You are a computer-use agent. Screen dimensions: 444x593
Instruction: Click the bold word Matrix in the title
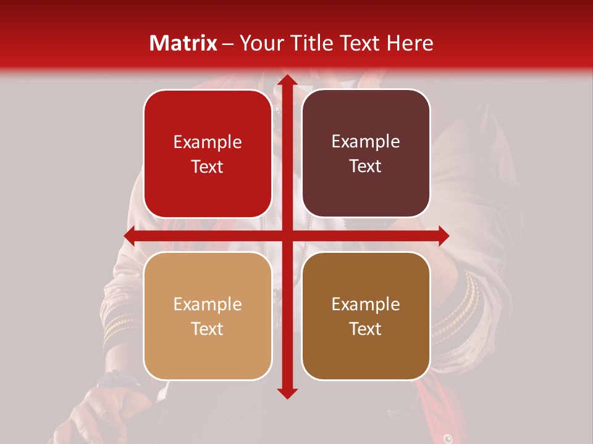tap(183, 43)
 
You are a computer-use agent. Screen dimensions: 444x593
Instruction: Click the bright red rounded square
tap(208, 154)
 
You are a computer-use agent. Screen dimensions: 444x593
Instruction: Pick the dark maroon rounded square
tap(366, 154)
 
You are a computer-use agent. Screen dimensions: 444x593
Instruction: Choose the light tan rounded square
tap(208, 316)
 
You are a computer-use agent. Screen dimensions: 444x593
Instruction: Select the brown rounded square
tap(366, 316)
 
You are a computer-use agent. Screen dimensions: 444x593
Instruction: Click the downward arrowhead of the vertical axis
tap(286, 392)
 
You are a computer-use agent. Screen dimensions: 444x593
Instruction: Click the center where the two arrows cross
tap(286, 236)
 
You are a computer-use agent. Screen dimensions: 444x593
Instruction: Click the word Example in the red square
tap(208, 142)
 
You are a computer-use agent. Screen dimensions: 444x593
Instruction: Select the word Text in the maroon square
tap(366, 166)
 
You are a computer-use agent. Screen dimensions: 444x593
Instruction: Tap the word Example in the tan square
tap(208, 305)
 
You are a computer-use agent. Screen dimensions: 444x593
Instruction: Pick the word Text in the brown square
tap(366, 329)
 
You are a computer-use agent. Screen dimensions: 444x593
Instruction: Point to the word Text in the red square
tap(208, 166)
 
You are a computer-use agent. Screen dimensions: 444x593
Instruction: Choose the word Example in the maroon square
tap(366, 142)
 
